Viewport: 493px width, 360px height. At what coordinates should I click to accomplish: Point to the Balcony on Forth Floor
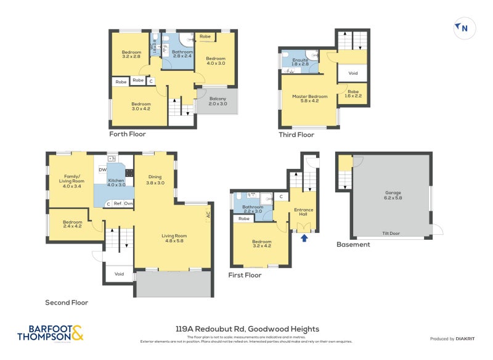tap(218, 101)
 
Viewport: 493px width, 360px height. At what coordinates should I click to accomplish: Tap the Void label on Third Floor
tap(352, 73)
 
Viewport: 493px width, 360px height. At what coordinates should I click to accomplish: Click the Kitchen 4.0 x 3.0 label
tap(116, 182)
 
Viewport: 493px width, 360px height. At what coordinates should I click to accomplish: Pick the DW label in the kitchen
tap(102, 170)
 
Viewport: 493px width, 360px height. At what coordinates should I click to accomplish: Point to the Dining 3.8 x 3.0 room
tap(155, 179)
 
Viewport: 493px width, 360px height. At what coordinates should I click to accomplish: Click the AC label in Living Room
tap(208, 216)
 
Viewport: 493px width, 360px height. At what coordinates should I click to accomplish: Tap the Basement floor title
tap(353, 245)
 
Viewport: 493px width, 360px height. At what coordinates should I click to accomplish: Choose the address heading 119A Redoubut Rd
tap(246, 329)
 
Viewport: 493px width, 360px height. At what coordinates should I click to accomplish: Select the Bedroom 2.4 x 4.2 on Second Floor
tap(71, 224)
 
